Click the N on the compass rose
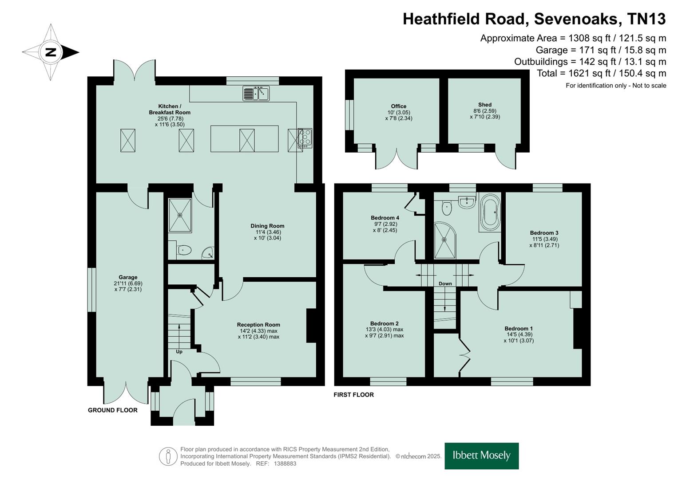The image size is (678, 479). tap(51, 52)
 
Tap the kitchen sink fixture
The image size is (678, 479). tap(256, 93)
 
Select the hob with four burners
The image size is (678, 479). tap(305, 138)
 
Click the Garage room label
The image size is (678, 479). tap(128, 277)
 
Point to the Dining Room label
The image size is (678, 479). tap(268, 226)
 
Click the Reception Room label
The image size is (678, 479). tap(258, 325)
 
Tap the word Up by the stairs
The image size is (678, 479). tap(179, 352)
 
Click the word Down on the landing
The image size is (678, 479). tap(445, 284)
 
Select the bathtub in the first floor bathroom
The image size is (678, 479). tap(490, 212)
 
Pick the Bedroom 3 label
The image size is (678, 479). tap(544, 233)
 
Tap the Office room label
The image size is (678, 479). tap(399, 106)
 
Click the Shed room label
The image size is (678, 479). tap(485, 105)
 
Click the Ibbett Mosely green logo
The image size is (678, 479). tap(482, 456)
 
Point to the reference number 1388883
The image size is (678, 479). tap(285, 463)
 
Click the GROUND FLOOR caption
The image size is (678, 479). tap(113, 410)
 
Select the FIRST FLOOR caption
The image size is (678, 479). tap(354, 395)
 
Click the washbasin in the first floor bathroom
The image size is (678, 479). tap(467, 202)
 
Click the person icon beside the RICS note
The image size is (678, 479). tap(168, 457)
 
